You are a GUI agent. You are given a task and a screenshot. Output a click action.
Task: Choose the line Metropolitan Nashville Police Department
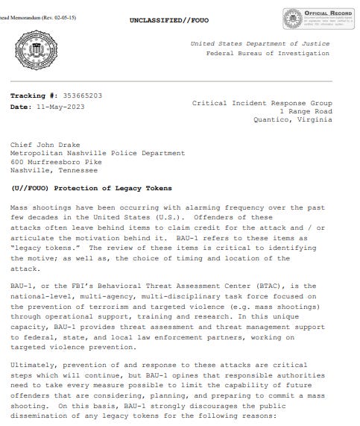coord(98,153)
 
